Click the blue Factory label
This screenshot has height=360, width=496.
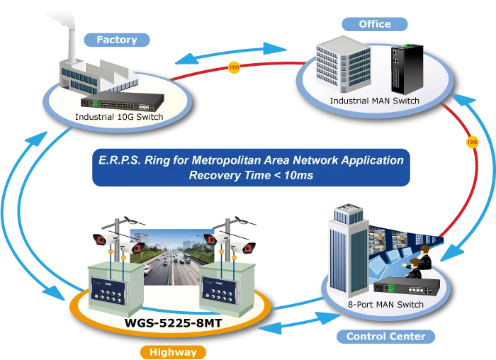click(x=117, y=40)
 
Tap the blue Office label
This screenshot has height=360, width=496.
click(x=375, y=24)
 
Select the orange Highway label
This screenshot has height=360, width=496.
click(x=173, y=352)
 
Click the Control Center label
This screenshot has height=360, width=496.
click(x=385, y=337)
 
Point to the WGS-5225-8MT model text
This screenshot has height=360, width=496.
click(x=173, y=323)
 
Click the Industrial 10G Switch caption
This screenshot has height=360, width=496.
click(x=119, y=117)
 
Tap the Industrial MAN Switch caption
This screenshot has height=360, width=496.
click(x=375, y=101)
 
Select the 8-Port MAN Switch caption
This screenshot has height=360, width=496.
click(x=385, y=304)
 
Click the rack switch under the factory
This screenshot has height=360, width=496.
click(x=123, y=102)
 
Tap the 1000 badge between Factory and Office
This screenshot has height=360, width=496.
click(x=234, y=67)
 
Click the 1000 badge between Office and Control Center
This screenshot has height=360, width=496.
click(x=473, y=142)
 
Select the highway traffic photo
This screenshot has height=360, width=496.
click(x=172, y=257)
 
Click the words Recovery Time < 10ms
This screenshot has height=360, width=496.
click(x=251, y=175)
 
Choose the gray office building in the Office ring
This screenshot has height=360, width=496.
click(x=343, y=64)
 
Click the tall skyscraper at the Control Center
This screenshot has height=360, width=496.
click(x=349, y=251)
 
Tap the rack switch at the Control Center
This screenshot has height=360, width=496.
click(x=407, y=286)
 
